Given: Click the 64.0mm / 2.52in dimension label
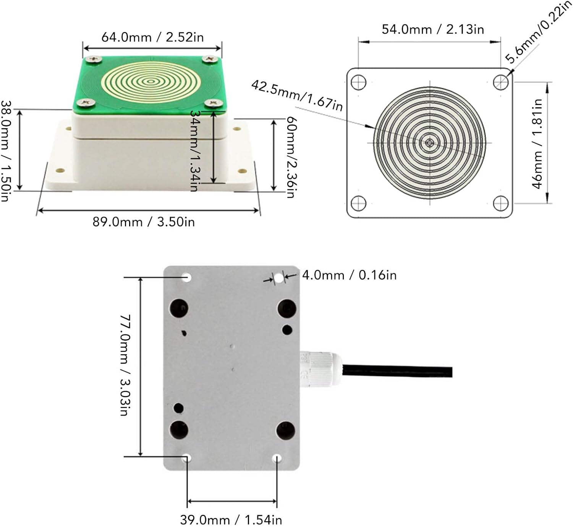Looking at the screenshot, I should [152, 37].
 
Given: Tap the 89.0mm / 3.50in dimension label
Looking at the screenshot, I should [144, 222].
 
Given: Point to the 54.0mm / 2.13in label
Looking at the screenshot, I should [433, 29].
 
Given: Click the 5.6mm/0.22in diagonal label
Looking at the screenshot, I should [539, 33].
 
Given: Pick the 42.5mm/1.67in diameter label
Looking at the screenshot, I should [297, 96].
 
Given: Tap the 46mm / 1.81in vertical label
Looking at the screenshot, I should [537, 144].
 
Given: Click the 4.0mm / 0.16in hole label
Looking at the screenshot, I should [349, 275].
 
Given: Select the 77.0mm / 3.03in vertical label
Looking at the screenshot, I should [125, 365].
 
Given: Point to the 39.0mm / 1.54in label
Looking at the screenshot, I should [231, 520].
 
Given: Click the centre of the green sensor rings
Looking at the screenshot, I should [151, 81].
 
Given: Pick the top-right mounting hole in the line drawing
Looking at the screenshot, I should [500, 82].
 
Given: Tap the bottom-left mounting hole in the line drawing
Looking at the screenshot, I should [358, 203].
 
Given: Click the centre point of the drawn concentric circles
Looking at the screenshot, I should [430, 143].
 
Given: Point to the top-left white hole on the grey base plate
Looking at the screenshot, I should [186, 277].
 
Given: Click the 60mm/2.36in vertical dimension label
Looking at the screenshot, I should [291, 157].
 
